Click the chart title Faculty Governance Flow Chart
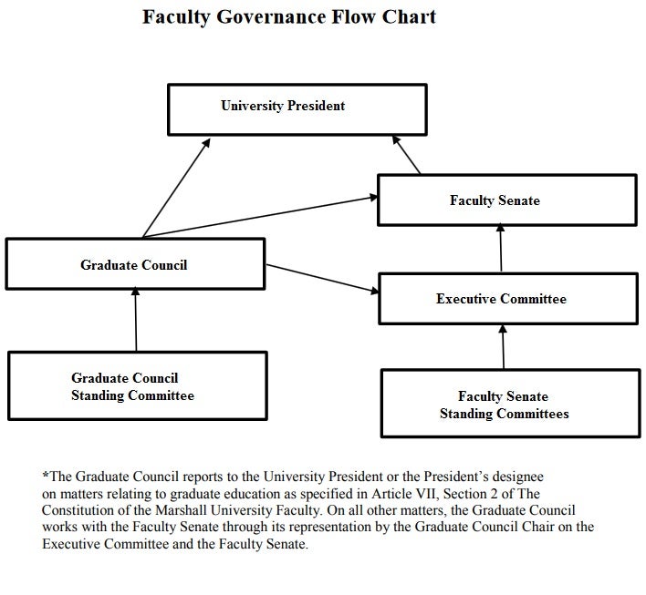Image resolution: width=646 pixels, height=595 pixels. click(289, 17)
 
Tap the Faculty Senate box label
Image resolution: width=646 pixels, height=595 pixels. click(495, 200)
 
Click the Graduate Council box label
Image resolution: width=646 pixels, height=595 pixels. click(134, 265)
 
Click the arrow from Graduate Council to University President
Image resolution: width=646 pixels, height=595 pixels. click(176, 188)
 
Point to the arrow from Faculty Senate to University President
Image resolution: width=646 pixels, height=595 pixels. click(406, 155)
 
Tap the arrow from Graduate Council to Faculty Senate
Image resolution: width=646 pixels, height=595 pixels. click(260, 217)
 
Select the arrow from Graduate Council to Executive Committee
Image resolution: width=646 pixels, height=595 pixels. click(322, 279)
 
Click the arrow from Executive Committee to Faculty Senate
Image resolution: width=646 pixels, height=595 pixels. click(501, 247)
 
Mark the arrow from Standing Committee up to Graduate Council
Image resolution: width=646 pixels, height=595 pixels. click(136, 319)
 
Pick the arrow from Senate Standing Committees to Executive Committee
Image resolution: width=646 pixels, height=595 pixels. click(503, 346)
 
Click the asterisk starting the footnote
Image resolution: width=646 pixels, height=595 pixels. click(46, 475)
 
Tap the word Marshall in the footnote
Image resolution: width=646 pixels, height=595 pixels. click(182, 510)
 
